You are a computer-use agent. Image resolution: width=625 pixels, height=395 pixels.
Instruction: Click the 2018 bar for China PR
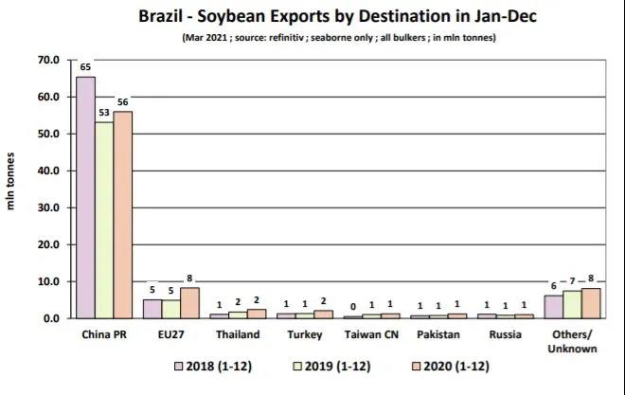[x=85, y=198]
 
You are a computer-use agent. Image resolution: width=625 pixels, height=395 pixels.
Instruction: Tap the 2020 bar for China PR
[x=123, y=214]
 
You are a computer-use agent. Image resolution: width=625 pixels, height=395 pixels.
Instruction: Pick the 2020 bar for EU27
[x=189, y=303]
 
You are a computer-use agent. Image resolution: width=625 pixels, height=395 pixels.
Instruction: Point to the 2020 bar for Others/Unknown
[x=591, y=303]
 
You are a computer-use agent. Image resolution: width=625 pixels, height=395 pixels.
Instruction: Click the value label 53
[x=104, y=113]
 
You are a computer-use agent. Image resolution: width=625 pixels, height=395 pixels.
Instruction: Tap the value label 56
[x=123, y=102]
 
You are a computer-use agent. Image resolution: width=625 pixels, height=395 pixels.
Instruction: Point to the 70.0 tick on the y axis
[x=47, y=60]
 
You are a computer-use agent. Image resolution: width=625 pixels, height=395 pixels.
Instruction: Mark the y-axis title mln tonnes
[x=13, y=189]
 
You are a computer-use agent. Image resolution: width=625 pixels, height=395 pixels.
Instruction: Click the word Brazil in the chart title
[x=166, y=17]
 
